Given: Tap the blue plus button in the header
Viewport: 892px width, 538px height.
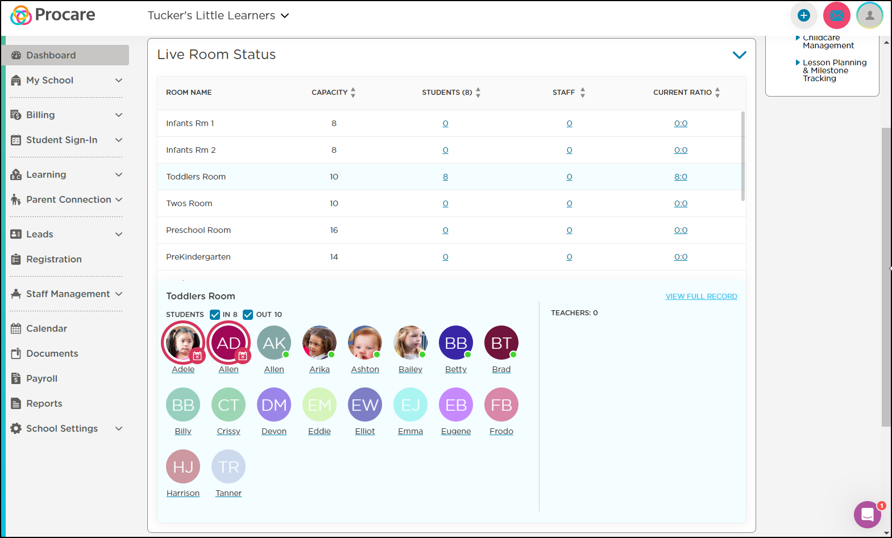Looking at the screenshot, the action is pyautogui.click(x=804, y=15).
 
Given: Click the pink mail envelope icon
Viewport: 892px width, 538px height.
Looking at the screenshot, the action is pyautogui.click(x=837, y=15).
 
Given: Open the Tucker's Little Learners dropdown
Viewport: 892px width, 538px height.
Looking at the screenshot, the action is pyautogui.click(x=218, y=15).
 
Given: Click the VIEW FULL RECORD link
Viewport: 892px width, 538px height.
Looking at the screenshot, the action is pyautogui.click(x=701, y=296).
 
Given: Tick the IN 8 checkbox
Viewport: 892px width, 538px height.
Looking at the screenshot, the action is pyautogui.click(x=215, y=314).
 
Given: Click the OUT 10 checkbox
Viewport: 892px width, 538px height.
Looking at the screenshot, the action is pyautogui.click(x=248, y=314).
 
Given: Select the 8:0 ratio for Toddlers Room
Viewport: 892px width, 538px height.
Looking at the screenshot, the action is pyautogui.click(x=681, y=177).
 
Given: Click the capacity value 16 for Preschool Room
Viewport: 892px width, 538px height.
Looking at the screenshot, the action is pyautogui.click(x=334, y=230).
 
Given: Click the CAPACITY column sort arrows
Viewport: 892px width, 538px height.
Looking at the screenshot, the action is pyautogui.click(x=353, y=93).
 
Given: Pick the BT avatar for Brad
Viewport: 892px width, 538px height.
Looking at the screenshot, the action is pyautogui.click(x=501, y=343).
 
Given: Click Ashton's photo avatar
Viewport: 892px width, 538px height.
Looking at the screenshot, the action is pyautogui.click(x=365, y=343).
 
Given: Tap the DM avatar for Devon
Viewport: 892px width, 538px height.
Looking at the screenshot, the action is pyautogui.click(x=274, y=404).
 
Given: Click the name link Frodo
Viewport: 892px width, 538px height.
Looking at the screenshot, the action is pyautogui.click(x=501, y=431).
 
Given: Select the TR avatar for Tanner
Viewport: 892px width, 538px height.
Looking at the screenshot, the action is pyautogui.click(x=229, y=467).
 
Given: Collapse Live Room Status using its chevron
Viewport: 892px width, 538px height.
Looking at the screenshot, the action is pyautogui.click(x=739, y=55).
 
